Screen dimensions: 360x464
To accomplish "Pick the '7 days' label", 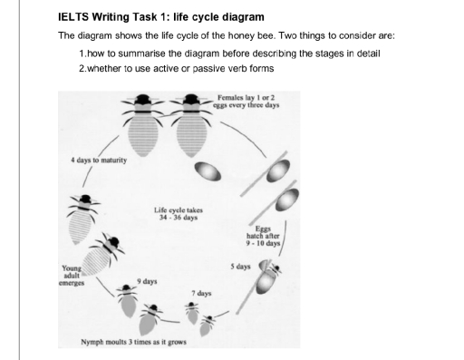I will pos(201,294).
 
